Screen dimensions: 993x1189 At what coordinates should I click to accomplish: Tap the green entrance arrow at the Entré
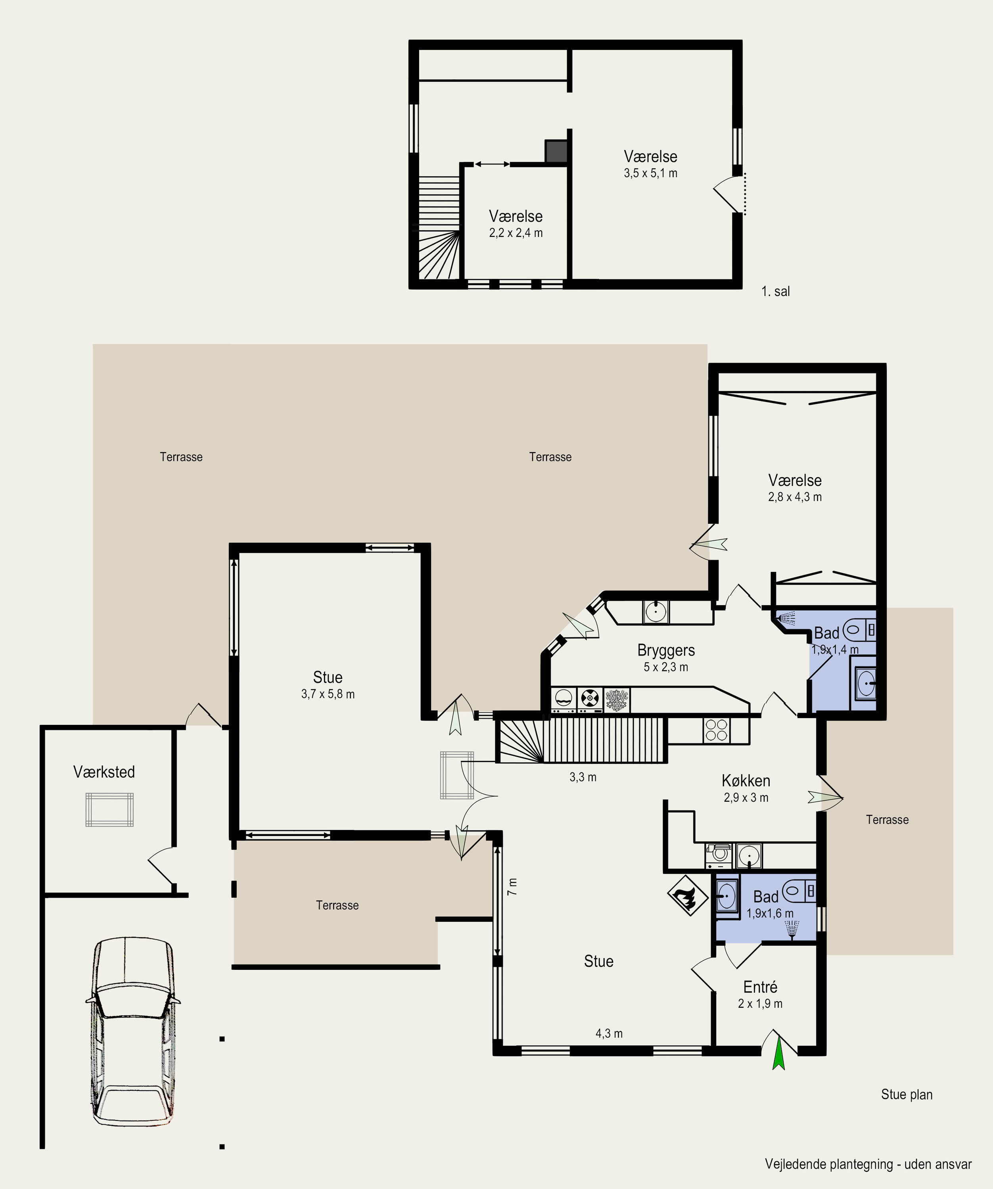coord(779,1053)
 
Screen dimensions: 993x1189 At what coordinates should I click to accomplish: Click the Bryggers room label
coord(666,650)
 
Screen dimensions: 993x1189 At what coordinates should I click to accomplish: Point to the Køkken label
coord(746,781)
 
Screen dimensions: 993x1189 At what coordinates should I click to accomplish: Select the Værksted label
coord(104,772)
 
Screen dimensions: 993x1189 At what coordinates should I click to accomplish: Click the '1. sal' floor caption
coord(775,292)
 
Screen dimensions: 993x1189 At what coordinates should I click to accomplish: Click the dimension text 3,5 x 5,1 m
coord(651,173)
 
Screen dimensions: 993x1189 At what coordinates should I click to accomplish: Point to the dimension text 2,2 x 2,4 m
coord(516,233)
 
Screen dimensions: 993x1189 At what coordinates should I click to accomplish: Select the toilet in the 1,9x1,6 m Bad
coord(800,891)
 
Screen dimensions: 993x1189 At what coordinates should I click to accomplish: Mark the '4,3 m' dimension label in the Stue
coord(609,1033)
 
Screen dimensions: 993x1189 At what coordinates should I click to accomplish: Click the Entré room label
coord(760,987)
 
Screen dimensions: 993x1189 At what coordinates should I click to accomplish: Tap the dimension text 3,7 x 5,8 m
coord(328,694)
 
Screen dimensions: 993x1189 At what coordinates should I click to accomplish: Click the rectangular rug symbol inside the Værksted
coord(110,810)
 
